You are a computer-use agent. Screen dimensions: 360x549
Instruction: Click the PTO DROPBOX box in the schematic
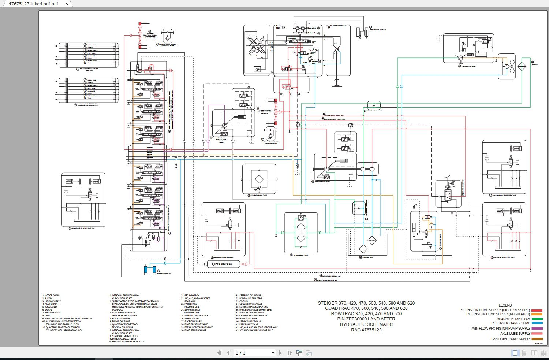pos(223,264)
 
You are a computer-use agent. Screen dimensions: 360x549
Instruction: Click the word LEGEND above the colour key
pos(505,305)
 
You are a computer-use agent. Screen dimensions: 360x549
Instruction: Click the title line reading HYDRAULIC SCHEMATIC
pos(366,324)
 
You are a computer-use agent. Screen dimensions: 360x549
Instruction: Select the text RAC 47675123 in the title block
pos(366,330)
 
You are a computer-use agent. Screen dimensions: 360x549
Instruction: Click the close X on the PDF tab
pos(67,4)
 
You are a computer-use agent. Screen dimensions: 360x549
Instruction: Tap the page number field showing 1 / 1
pos(255,353)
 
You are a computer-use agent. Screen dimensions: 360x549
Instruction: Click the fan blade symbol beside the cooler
pos(511,67)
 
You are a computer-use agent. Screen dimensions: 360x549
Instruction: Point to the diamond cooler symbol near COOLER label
pos(522,67)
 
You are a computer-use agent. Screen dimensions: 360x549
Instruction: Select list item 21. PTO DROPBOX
pos(190,296)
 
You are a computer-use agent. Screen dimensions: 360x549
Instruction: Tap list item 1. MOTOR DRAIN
pos(51,296)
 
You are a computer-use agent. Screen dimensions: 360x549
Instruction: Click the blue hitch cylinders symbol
pos(150,270)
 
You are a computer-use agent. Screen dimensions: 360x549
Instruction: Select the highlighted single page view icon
pos(515,353)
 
